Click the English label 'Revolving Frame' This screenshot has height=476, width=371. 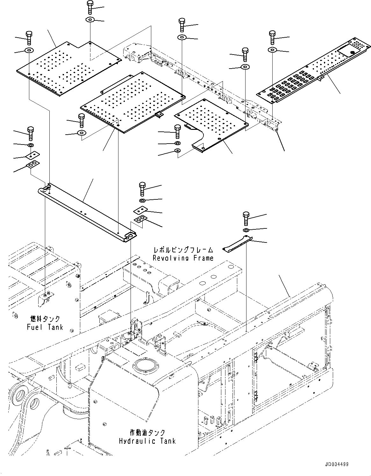(183, 258)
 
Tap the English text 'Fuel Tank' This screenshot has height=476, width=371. (45, 327)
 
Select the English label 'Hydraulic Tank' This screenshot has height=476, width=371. (147, 441)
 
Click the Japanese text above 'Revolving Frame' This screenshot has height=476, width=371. (183, 250)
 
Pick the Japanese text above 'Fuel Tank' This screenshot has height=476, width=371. (45, 319)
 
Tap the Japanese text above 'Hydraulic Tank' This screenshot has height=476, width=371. (147, 433)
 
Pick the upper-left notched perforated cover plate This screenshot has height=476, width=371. (68, 67)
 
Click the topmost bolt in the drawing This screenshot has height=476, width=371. (89, 7)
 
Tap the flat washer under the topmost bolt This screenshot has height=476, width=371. (90, 20)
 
